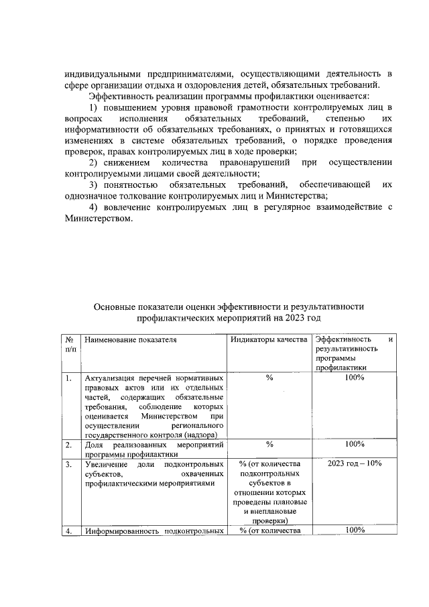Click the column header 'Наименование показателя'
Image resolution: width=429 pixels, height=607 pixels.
[x=130, y=340]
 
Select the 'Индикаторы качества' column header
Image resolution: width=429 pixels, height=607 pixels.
[x=268, y=340]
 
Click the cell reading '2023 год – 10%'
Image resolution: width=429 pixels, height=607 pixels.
[x=355, y=463]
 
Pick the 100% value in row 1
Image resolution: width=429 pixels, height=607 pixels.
[x=355, y=378]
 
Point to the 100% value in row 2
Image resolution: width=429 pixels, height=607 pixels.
[x=355, y=444]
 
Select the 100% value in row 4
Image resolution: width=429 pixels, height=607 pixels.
[x=355, y=531]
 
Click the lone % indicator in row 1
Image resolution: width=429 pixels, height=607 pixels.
[x=269, y=378]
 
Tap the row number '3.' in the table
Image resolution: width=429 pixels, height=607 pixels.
[x=68, y=463]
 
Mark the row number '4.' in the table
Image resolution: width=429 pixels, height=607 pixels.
[x=68, y=531]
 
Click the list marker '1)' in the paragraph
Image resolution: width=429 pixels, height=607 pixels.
[x=94, y=107]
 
